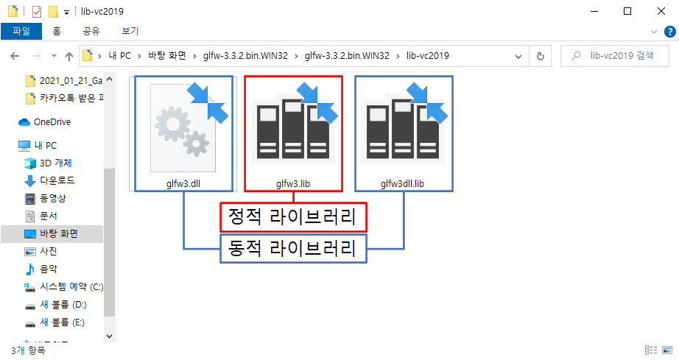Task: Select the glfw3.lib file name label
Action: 292,183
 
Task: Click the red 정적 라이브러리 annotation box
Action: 293,217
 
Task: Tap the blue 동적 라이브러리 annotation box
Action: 293,248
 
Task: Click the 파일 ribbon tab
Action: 21,31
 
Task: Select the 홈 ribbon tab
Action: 57,31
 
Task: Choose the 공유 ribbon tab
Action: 91,31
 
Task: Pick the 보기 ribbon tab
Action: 130,31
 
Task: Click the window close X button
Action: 661,11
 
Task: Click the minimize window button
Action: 593,11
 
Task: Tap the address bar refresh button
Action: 541,56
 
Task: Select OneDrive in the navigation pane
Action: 52,122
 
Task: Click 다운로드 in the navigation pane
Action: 56,180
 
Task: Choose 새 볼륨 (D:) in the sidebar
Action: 63,304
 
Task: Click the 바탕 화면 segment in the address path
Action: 170,56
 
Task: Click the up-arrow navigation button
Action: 69,56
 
